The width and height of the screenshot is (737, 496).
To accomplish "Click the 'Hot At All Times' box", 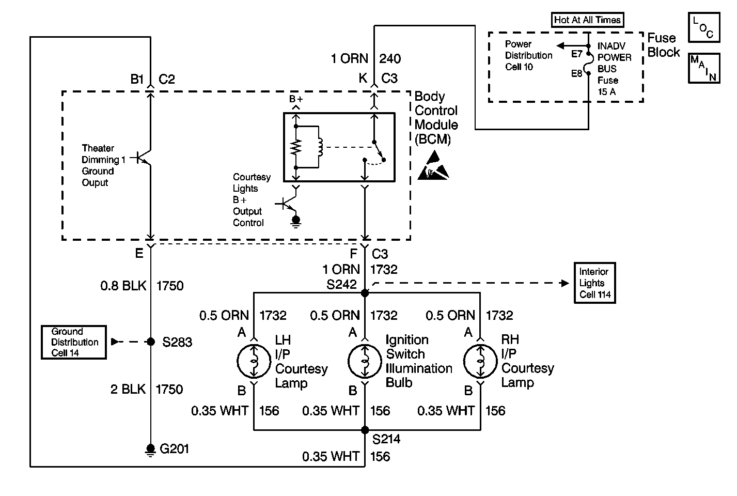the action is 587,20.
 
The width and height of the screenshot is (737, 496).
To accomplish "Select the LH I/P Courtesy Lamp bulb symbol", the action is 254,361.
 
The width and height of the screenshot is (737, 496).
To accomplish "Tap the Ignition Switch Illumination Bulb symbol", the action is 365,361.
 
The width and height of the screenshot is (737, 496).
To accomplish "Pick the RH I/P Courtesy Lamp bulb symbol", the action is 480,361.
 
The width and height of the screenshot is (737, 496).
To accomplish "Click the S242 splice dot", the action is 365,292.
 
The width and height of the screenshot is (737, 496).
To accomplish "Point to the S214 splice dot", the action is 365,430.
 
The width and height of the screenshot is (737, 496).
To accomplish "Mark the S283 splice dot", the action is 151,342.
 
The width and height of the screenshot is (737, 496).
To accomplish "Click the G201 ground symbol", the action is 150,450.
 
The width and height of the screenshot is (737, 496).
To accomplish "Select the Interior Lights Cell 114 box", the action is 594,283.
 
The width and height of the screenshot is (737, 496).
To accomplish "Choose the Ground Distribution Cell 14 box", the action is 74,342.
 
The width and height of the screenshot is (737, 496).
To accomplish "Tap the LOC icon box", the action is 704,28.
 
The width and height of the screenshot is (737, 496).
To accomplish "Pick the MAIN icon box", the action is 704,68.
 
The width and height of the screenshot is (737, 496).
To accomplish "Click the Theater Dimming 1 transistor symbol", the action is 142,158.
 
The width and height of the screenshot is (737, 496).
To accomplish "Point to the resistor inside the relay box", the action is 296,147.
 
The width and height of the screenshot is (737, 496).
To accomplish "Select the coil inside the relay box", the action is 320,147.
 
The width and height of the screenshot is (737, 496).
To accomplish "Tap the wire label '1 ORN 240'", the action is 366,58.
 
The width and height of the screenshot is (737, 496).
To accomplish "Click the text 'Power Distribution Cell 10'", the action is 528,55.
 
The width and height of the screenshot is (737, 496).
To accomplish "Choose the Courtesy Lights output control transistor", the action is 287,204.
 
